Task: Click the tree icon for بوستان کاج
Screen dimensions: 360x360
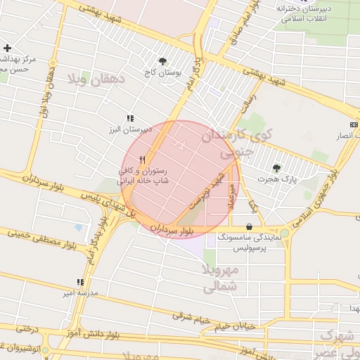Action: tap(163, 62)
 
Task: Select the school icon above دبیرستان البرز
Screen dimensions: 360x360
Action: tap(129, 119)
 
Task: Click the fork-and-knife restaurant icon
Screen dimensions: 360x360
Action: tap(143, 160)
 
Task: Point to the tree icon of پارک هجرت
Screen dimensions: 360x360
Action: tap(276, 169)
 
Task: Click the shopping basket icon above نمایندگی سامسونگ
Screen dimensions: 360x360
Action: tap(250, 226)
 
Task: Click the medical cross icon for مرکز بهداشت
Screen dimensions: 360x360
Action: tap(7, 48)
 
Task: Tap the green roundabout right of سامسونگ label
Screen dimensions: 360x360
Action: tap(284, 233)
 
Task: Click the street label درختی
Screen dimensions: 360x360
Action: tap(26, 328)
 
